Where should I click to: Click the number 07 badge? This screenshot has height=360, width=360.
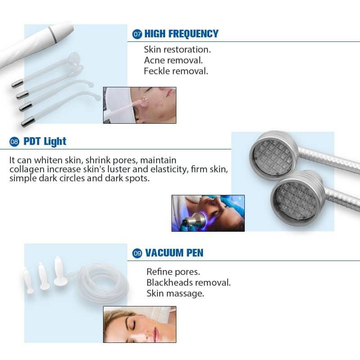[137, 34]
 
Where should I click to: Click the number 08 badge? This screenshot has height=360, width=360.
[14, 142]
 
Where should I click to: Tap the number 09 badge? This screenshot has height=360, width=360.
[137, 254]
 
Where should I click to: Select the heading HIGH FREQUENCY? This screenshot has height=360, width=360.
[181, 34]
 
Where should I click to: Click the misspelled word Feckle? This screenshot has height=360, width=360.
[155, 71]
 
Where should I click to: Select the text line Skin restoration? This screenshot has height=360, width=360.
[177, 49]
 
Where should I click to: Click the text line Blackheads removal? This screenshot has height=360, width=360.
[189, 283]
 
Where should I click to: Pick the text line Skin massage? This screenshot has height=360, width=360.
[175, 293]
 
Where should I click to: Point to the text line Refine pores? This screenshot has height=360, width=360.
[173, 272]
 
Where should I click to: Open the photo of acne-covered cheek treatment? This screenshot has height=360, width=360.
[139, 105]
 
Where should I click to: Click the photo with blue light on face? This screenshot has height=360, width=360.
[208, 213]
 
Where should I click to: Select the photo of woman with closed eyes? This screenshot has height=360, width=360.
[139, 324]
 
